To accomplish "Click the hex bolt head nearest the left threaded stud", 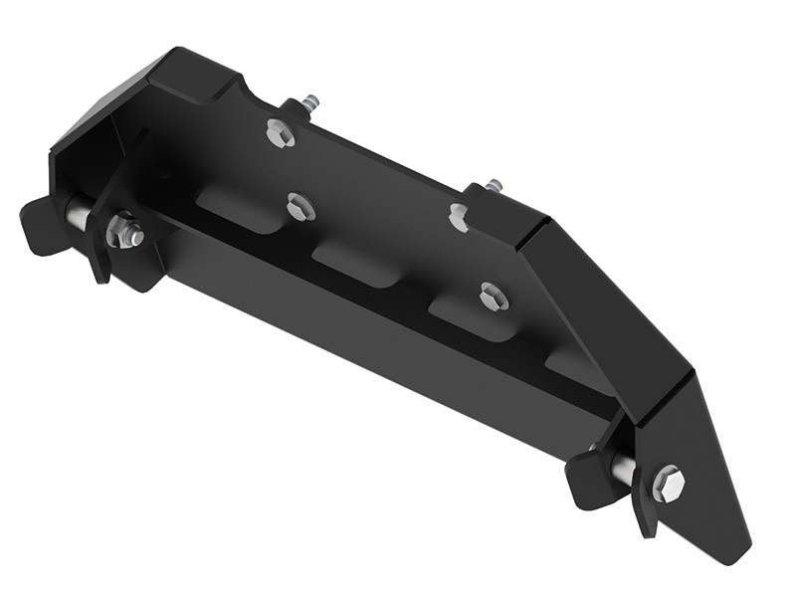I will coord(281,133).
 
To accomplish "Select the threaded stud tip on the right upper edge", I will coord(493,185).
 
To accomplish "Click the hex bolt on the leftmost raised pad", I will coord(300,207).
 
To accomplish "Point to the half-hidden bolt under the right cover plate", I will coord(459,215).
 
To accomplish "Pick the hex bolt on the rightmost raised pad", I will coord(493,296).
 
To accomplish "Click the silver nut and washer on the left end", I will coord(125,233).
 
